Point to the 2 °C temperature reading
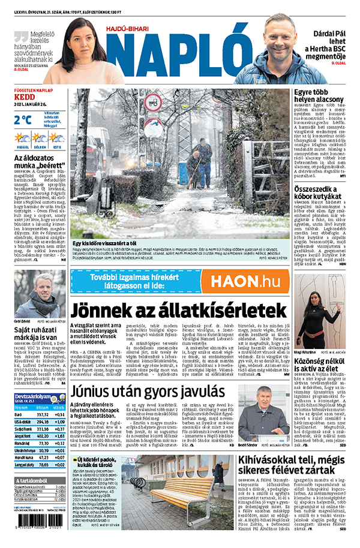point(23,119)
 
